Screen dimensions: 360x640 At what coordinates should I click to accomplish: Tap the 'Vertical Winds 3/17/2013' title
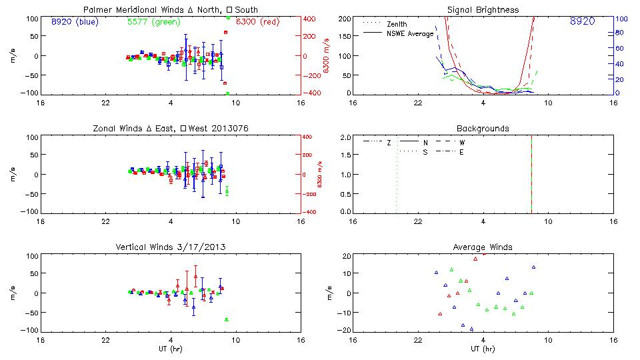click(x=171, y=247)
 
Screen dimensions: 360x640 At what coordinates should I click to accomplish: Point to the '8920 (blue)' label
click(x=73, y=21)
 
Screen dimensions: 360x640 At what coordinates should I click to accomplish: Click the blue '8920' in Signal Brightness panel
click(x=582, y=21)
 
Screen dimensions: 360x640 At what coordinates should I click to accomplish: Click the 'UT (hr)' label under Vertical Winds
click(x=171, y=349)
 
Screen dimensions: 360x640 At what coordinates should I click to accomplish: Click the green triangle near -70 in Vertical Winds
click(x=227, y=319)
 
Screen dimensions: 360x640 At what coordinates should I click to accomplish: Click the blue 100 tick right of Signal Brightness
click(x=619, y=19)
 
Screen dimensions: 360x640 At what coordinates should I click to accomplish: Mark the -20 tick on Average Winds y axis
click(x=345, y=330)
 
